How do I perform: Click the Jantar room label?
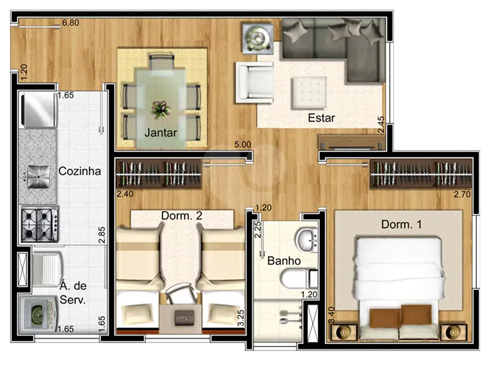click(x=161, y=133)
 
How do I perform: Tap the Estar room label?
click(x=321, y=118)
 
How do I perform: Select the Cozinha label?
click(x=80, y=171)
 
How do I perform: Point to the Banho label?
click(x=284, y=261)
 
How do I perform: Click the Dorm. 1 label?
click(x=401, y=224)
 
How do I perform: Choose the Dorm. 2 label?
click(x=182, y=215)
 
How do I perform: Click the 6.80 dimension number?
click(x=71, y=23)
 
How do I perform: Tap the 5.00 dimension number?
click(x=243, y=145)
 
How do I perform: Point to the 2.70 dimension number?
click(x=462, y=194)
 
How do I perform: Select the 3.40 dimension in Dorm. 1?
click(x=332, y=315)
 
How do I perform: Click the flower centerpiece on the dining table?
click(x=161, y=110)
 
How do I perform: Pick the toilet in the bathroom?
click(x=299, y=278)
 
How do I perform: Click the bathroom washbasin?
click(x=307, y=240)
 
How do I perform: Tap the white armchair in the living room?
click(x=254, y=82)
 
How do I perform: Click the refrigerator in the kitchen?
click(x=38, y=110)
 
